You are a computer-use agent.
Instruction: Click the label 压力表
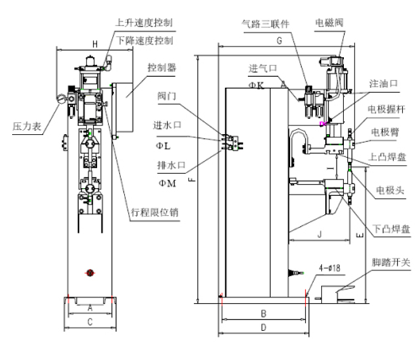click(27, 126)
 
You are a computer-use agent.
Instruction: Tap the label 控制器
click(162, 67)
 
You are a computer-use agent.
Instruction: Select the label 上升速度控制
click(144, 23)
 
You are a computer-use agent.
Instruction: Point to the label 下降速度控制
click(144, 41)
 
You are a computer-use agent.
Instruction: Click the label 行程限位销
click(155, 213)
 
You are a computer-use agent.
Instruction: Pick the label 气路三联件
click(265, 24)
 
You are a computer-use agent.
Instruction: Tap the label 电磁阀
click(329, 23)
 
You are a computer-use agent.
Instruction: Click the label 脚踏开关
click(391, 263)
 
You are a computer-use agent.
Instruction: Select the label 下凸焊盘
click(391, 229)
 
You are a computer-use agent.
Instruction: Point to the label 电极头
click(390, 190)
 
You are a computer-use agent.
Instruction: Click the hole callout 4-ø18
click(329, 268)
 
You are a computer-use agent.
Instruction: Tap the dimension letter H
click(95, 44)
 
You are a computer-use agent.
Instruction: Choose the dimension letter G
click(279, 41)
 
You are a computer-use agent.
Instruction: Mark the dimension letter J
click(320, 235)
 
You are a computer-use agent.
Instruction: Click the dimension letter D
click(263, 328)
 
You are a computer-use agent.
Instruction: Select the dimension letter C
click(90, 322)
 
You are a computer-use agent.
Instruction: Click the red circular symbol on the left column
click(90, 273)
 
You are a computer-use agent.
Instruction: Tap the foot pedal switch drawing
click(336, 294)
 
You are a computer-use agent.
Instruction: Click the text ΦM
click(167, 183)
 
